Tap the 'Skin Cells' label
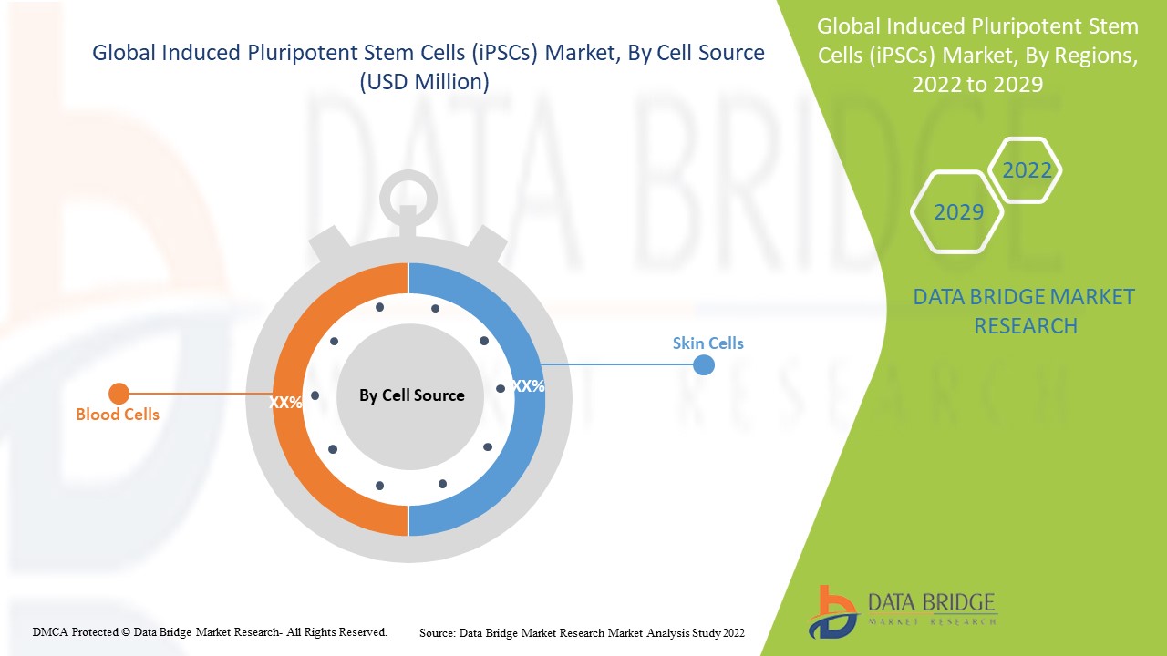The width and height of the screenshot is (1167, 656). tap(707, 343)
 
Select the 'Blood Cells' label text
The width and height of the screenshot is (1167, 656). tap(117, 415)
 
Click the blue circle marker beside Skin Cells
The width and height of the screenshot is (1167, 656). tap(703, 365)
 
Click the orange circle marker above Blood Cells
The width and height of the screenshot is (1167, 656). tap(119, 394)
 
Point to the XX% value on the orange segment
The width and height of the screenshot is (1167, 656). tap(285, 402)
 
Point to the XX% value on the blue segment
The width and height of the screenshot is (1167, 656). tap(528, 386)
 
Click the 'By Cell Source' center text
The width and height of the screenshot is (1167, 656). tap(411, 395)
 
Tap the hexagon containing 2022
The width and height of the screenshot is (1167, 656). tap(1026, 170)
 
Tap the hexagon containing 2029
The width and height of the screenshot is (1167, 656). tap(958, 212)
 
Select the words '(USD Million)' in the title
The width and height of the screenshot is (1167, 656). tap(425, 82)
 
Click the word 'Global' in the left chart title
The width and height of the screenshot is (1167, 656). tap(124, 53)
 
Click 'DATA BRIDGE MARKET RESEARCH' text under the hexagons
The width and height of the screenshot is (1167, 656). tap(1025, 311)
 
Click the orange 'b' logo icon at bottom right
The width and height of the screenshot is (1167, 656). tap(831, 610)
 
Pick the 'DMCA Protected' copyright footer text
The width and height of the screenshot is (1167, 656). tap(210, 631)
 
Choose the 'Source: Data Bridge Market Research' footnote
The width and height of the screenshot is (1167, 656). tap(582, 631)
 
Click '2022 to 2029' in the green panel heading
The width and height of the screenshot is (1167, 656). tap(976, 84)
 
